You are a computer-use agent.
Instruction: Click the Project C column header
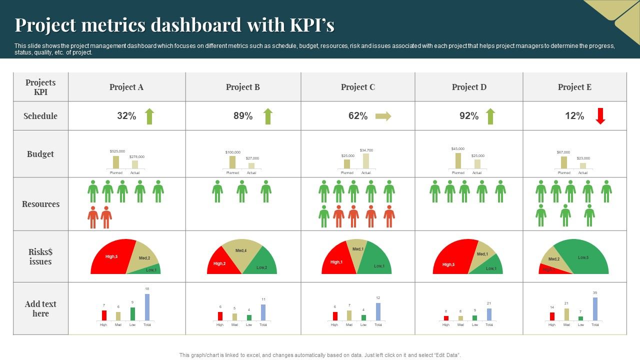click(x=357, y=87)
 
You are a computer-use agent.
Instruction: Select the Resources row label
click(x=40, y=204)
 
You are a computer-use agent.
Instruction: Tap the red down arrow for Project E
click(x=600, y=116)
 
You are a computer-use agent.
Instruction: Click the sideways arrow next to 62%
click(x=383, y=116)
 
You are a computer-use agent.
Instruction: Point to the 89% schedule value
click(x=243, y=116)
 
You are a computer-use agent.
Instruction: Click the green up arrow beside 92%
click(x=490, y=116)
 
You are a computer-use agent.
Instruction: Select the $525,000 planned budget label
click(x=117, y=151)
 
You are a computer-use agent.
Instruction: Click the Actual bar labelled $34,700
click(x=366, y=161)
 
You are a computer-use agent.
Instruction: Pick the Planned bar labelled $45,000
click(x=458, y=161)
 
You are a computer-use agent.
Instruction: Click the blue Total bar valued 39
click(x=595, y=308)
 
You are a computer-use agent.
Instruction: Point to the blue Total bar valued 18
click(x=147, y=307)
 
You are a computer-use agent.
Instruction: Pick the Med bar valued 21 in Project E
click(x=566, y=314)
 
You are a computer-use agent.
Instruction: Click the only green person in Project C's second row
click(x=324, y=216)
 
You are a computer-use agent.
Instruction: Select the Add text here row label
click(x=40, y=308)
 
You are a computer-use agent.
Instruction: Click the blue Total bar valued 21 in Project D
click(x=489, y=314)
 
